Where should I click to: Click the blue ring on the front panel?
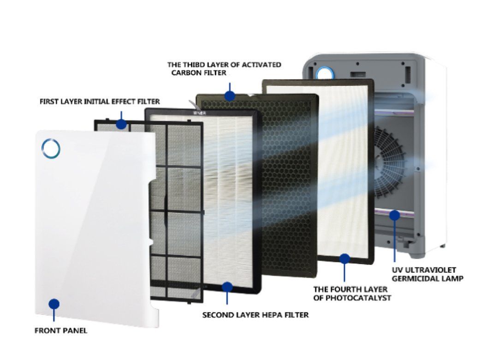50,148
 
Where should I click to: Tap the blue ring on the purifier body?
324,72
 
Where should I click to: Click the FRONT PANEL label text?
61,330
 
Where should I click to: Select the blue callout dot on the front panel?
54,304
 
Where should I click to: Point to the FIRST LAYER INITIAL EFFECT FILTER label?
100,101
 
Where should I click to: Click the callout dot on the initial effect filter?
121,124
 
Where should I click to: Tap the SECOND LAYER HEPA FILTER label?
255,315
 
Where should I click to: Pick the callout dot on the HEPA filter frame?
226,287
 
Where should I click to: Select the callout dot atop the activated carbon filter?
229,96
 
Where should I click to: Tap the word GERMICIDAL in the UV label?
413,278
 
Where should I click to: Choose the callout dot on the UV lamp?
394,215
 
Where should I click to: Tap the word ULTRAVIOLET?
432,270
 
